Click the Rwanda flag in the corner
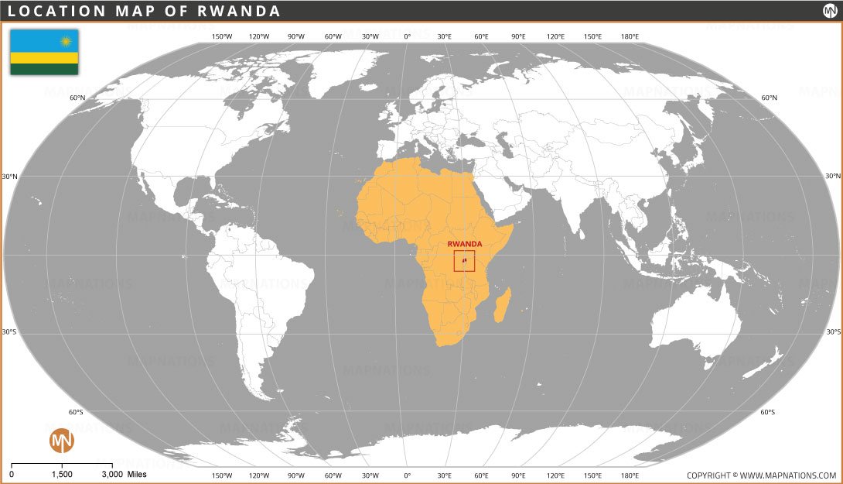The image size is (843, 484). pyautogui.click(x=44, y=52)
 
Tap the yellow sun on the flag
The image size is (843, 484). pyautogui.click(x=66, y=40)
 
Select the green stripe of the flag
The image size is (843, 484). pyautogui.click(x=44, y=69)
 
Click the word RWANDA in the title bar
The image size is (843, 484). pyautogui.click(x=240, y=11)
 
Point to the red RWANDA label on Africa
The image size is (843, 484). pyautogui.click(x=465, y=244)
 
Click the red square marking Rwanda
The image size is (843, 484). pyautogui.click(x=464, y=261)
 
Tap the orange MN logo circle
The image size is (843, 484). pyautogui.click(x=62, y=441)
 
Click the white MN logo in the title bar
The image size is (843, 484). pyautogui.click(x=830, y=11)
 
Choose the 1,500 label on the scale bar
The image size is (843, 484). pyautogui.click(x=62, y=474)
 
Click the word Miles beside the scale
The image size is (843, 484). pyautogui.click(x=136, y=474)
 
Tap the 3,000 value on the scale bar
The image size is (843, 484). pyautogui.click(x=111, y=474)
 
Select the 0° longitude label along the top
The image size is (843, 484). pyautogui.click(x=408, y=36)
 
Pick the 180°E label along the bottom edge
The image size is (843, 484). pyautogui.click(x=630, y=475)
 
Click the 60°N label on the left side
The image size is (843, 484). pyautogui.click(x=77, y=98)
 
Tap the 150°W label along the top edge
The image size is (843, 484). pyautogui.click(x=222, y=36)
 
